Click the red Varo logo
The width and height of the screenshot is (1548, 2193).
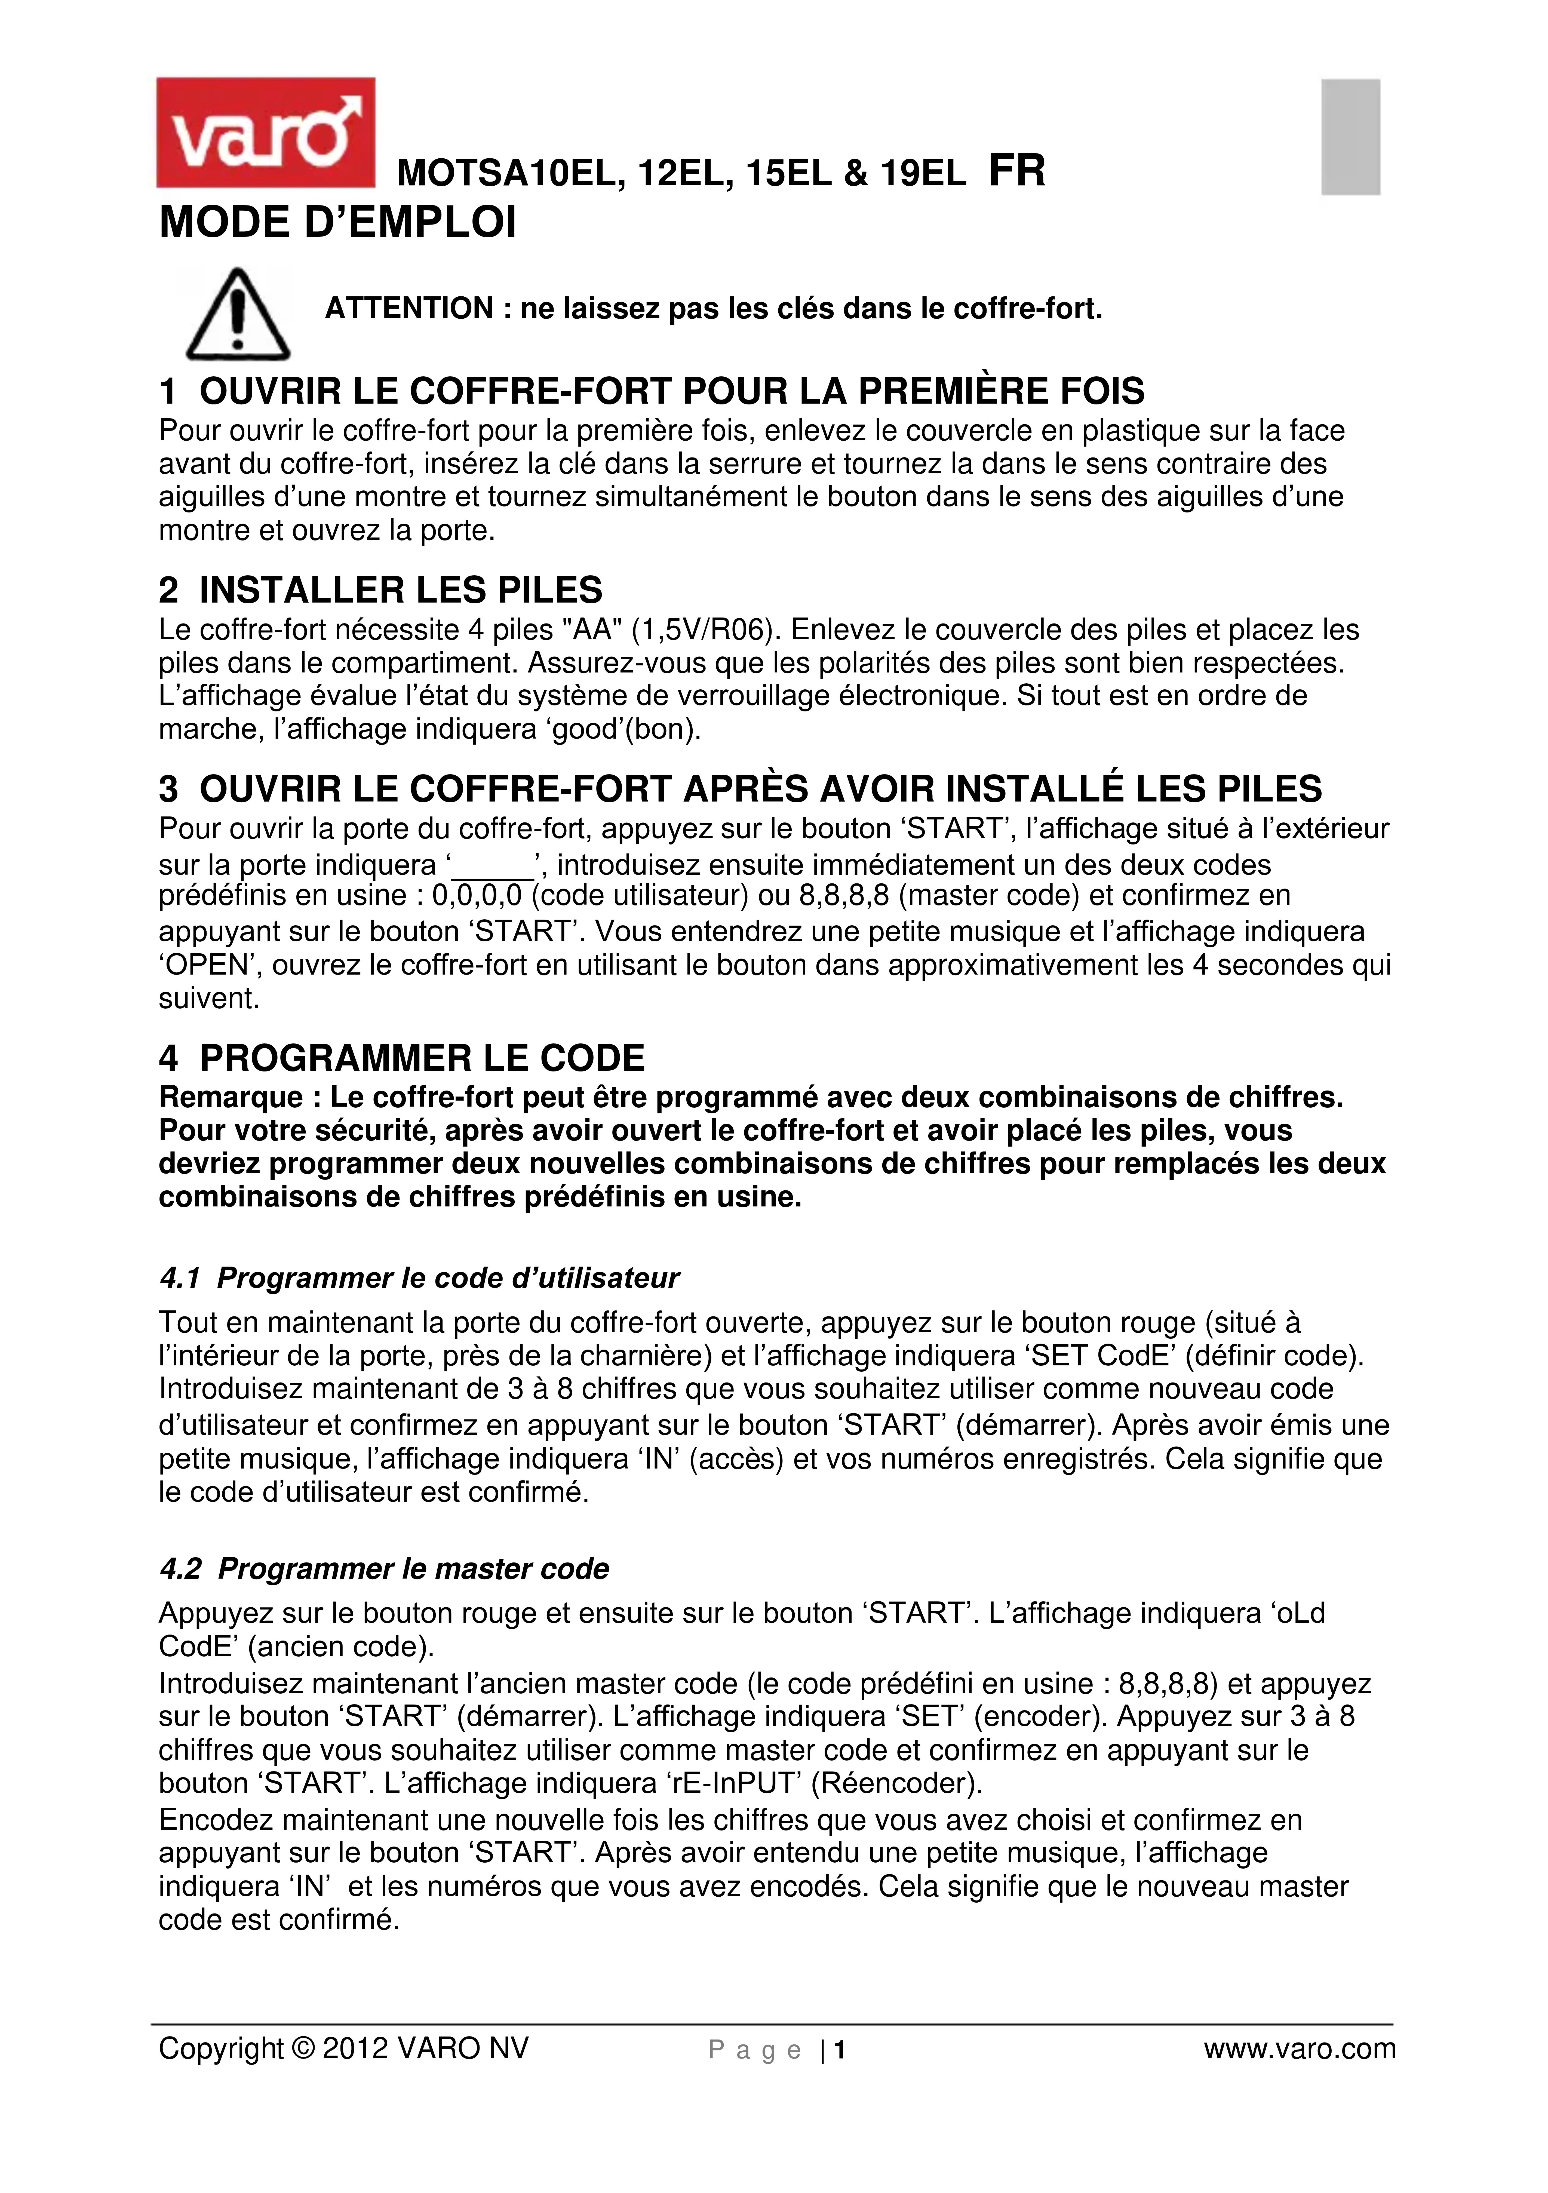265,133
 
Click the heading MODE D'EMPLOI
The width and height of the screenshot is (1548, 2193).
337,223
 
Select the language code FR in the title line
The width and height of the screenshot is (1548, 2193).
1017,172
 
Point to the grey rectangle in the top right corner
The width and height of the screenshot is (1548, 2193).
1350,137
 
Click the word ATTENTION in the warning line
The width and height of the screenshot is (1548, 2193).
409,309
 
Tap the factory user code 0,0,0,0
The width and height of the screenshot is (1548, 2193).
477,896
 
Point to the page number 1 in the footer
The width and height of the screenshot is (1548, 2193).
840,2050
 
